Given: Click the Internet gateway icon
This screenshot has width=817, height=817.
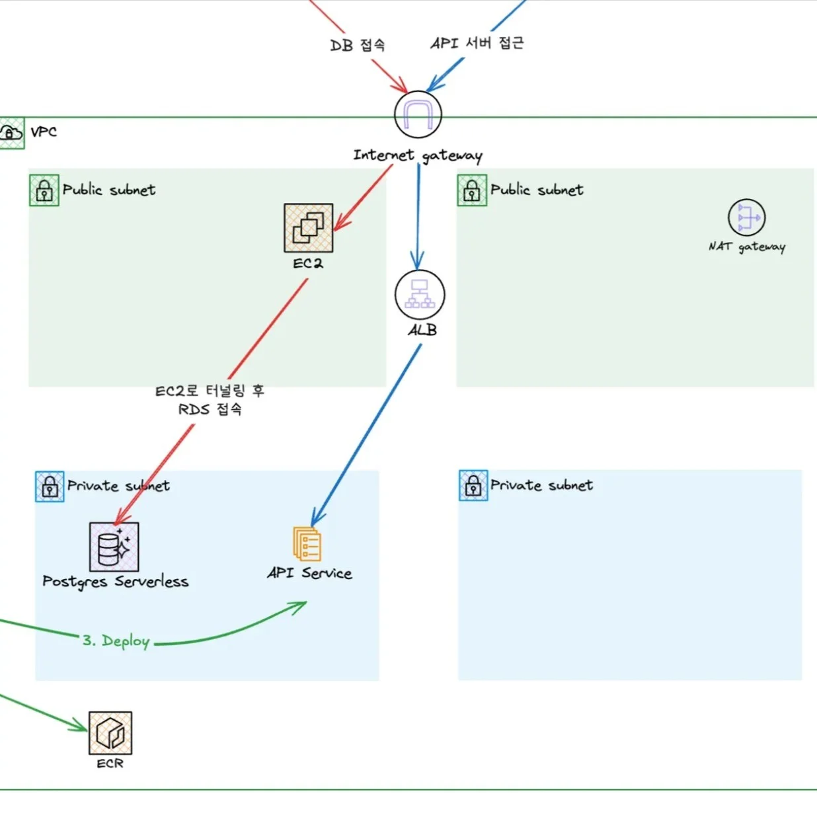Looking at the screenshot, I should [418, 114].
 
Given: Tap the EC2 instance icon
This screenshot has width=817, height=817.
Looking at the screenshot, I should [309, 228].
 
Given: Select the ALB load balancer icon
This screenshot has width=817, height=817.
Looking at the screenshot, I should [420, 294].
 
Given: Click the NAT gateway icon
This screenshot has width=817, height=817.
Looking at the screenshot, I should [747, 217].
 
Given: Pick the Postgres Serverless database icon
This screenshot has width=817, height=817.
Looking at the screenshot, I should [114, 547].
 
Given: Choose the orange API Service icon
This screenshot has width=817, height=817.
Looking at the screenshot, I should [307, 544].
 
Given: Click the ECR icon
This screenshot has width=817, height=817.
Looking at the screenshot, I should [110, 733].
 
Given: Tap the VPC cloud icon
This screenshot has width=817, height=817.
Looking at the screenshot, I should [11, 133].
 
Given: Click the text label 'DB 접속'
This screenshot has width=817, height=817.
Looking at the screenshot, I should [358, 45].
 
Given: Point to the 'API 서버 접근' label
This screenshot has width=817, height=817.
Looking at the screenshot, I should [477, 43].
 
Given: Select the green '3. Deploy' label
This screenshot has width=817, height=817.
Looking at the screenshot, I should [116, 641].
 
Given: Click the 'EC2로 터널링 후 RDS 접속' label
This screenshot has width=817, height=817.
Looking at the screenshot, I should [210, 400].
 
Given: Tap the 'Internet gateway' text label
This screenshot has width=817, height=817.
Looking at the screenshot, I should [418, 155].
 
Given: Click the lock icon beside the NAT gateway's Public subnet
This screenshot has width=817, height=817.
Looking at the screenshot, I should [472, 190].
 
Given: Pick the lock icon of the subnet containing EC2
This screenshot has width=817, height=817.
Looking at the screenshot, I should [44, 190].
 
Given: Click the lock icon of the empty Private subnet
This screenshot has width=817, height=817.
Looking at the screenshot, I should [473, 486].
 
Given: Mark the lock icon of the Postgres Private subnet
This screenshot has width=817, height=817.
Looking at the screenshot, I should [50, 486].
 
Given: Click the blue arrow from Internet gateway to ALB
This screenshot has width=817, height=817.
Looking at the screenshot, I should [418, 212].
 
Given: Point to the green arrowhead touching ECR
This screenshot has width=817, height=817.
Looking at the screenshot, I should [81, 726].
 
